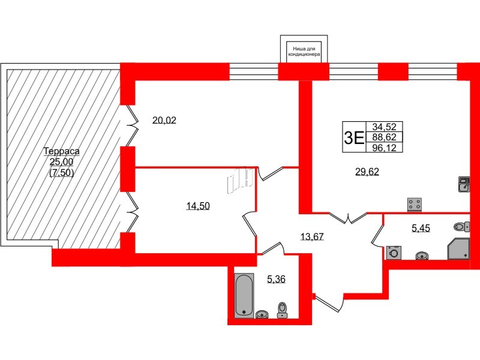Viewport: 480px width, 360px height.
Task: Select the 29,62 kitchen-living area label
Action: click(x=367, y=172)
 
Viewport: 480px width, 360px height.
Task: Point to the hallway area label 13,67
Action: click(x=311, y=236)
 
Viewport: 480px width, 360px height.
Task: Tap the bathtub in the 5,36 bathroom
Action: click(x=244, y=295)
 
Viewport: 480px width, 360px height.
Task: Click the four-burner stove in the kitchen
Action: click(x=413, y=204)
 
